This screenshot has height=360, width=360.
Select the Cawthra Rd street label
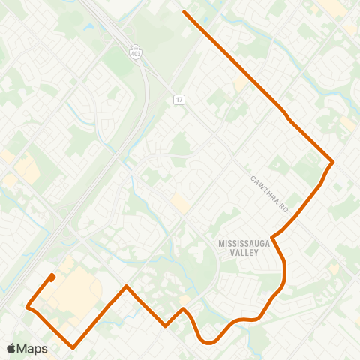click(x=269, y=192)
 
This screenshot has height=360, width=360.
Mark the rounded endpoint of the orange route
click(x=52, y=277)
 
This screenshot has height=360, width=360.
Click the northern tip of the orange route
click(x=184, y=12)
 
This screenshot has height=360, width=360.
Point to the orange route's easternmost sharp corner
click(x=332, y=162)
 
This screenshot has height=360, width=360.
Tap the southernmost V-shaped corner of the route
click(x=73, y=347)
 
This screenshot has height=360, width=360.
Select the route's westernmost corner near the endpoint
click(x=27, y=307)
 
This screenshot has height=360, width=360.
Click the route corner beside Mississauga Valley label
click(x=271, y=238)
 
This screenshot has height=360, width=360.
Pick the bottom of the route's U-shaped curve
click(x=208, y=343)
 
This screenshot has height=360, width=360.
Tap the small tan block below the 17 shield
click(x=180, y=202)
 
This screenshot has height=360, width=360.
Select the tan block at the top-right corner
click(x=334, y=7)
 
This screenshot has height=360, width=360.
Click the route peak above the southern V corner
click(x=127, y=286)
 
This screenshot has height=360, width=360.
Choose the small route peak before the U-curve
click(x=183, y=308)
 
